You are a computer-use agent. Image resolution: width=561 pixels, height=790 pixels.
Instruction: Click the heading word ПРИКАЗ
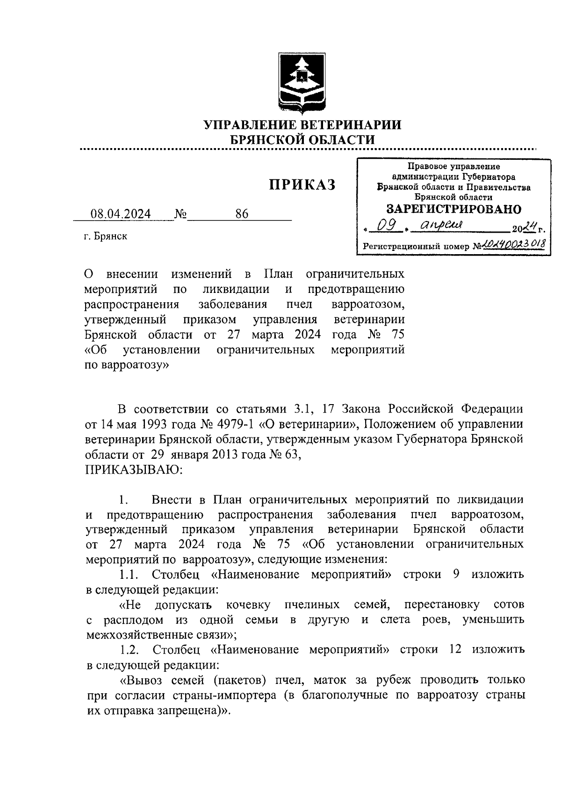pyautogui.click(x=302, y=185)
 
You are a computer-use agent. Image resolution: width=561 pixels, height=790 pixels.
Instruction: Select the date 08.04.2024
pyautogui.click(x=121, y=214)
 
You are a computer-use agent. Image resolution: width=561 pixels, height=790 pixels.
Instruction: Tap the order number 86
pyautogui.click(x=242, y=214)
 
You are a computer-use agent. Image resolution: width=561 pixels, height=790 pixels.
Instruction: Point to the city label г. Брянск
pyautogui.click(x=106, y=236)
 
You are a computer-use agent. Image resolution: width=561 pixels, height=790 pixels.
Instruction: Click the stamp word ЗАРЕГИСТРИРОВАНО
pyautogui.click(x=454, y=209)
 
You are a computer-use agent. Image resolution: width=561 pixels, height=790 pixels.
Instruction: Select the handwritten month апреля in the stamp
pyautogui.click(x=440, y=225)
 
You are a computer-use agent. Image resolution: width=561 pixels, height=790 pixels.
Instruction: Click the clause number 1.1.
pyautogui.click(x=129, y=574)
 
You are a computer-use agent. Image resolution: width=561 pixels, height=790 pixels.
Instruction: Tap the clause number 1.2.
pyautogui.click(x=129, y=649)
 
